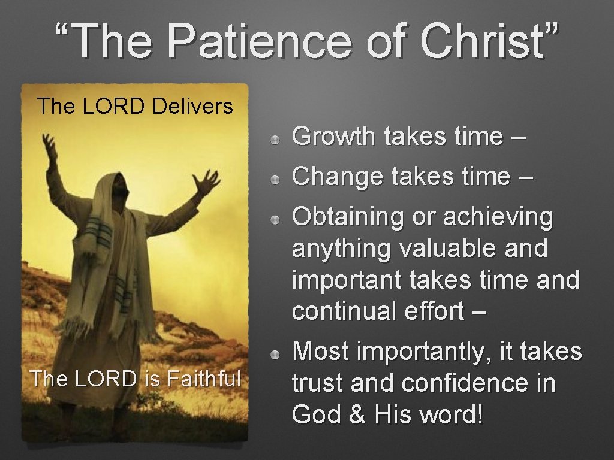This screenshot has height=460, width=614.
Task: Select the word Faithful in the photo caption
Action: click(x=204, y=379)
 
